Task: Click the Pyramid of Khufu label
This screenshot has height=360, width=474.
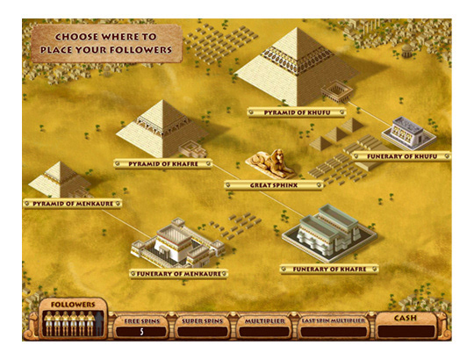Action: point(296,112)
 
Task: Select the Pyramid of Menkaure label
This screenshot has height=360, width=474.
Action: point(60,203)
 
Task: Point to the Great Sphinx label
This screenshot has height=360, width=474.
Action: point(272,184)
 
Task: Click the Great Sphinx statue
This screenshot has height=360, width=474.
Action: point(269,161)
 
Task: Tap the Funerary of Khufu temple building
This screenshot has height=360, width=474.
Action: point(406,131)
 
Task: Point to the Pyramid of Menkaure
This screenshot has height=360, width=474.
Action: point(59,178)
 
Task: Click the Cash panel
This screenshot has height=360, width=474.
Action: point(406,325)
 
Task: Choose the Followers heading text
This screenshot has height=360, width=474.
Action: point(73,305)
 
